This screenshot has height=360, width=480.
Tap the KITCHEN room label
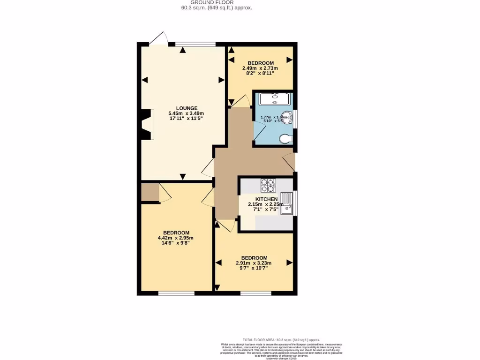266,199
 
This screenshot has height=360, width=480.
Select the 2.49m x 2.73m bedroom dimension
260,68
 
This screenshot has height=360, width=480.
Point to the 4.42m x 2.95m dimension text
176,238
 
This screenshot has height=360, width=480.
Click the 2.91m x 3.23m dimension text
254,263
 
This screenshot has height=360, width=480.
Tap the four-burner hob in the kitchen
269,186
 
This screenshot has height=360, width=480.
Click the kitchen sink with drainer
287,203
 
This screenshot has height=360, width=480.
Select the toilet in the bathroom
285,139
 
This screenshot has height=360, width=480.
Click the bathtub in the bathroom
275,98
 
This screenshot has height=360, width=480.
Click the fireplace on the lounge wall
146,124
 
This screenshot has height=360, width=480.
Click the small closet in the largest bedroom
150,193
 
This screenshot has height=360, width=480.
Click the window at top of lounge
195,45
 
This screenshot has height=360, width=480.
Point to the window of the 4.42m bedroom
176,293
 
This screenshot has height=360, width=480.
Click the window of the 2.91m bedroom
256,293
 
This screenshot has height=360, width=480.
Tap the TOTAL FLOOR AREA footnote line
281,339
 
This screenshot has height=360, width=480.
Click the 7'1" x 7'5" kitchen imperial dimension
266,209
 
